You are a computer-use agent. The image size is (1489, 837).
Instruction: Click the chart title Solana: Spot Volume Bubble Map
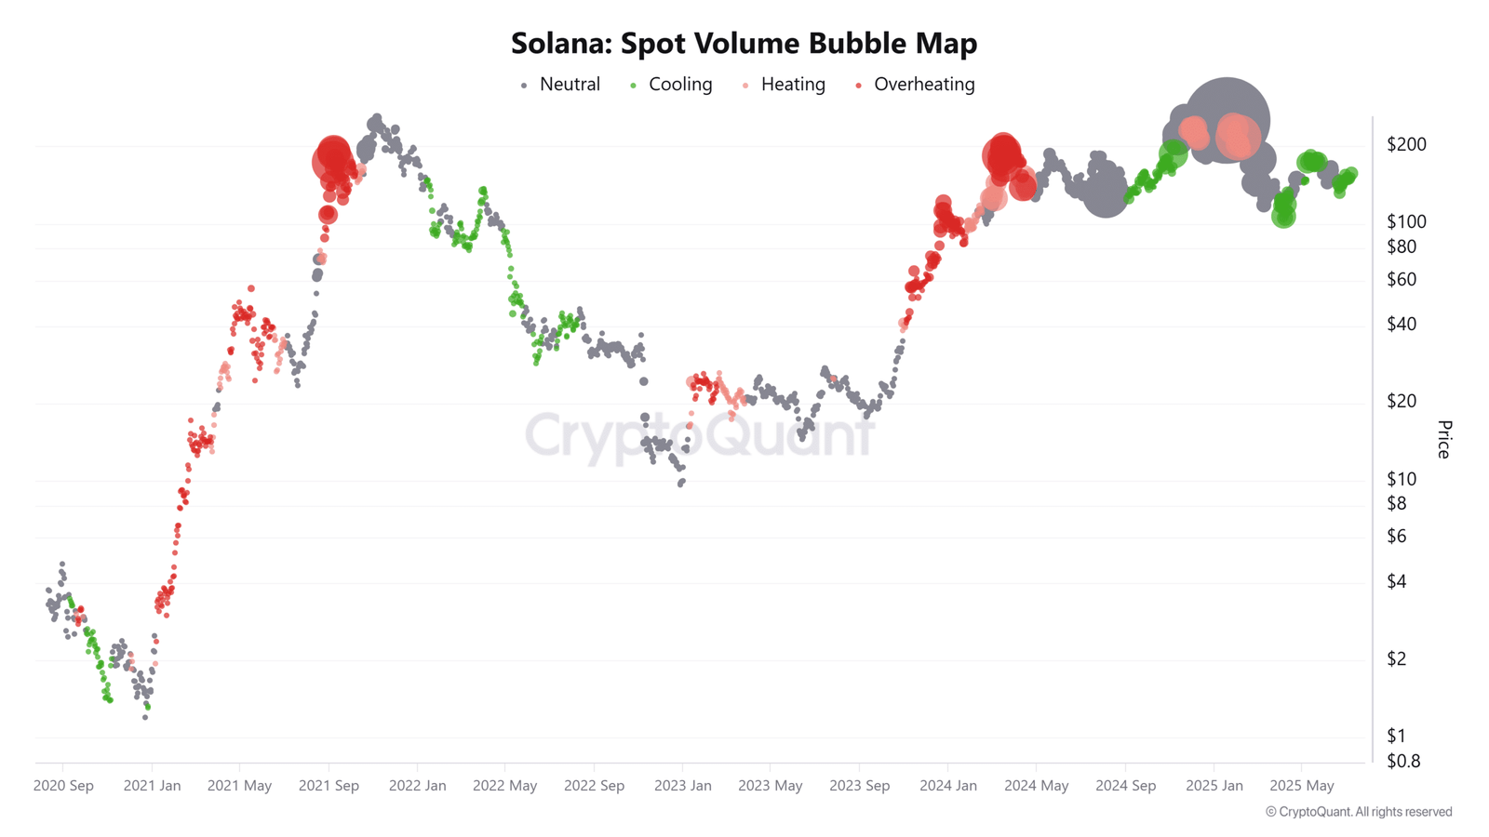[x=744, y=43]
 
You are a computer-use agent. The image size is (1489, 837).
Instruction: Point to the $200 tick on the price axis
[x=1405, y=144]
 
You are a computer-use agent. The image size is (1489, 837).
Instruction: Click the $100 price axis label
[x=1405, y=221]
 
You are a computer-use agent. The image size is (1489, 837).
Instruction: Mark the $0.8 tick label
[x=1403, y=761]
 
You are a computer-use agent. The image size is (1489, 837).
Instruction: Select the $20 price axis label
[x=1402, y=401]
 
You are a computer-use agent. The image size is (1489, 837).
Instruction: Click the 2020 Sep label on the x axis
[x=63, y=786]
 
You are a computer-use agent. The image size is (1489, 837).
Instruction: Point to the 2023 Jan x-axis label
[x=682, y=786]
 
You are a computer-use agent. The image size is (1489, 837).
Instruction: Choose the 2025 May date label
[x=1301, y=786]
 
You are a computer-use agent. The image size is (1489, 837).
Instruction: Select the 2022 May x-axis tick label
[x=504, y=786]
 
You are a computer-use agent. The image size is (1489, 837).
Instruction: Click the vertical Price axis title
[x=1443, y=439]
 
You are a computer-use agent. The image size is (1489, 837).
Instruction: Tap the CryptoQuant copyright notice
[x=1358, y=812]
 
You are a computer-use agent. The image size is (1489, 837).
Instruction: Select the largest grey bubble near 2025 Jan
[x=1227, y=120]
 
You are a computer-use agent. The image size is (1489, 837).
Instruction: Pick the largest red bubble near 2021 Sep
[x=332, y=160]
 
